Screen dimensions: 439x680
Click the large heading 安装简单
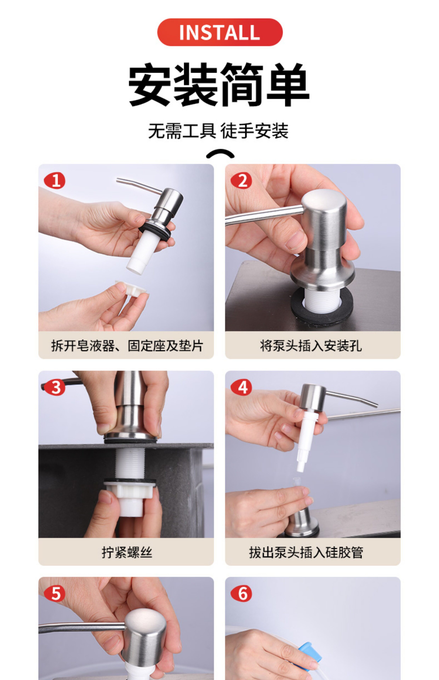pos(219,85)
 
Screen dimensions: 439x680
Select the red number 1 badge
pos(55,181)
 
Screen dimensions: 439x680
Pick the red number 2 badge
pos(241,181)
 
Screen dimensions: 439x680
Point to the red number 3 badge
pos(55,387)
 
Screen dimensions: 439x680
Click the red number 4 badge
pos(241,387)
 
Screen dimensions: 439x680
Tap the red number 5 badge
pos(55,594)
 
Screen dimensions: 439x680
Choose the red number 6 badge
pos(241,594)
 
